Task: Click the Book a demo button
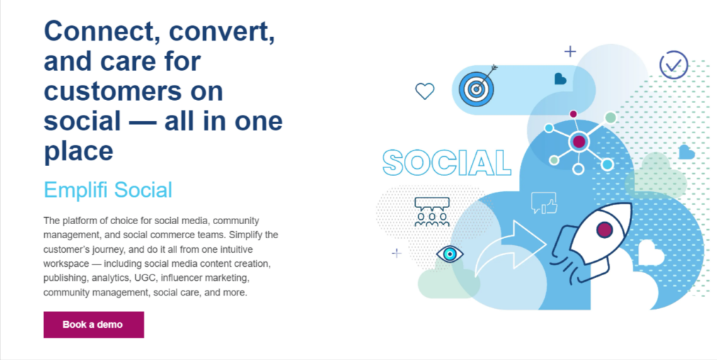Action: click(93, 325)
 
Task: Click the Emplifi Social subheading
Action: click(108, 190)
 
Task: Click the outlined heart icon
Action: click(425, 90)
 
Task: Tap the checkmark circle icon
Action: click(674, 66)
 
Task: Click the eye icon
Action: click(450, 254)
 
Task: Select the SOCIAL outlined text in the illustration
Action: click(447, 162)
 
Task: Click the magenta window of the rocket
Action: click(604, 230)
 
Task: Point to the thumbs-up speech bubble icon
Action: click(543, 203)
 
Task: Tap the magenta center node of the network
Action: click(578, 142)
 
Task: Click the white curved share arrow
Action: click(510, 248)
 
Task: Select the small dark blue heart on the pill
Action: click(560, 79)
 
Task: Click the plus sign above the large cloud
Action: click(570, 50)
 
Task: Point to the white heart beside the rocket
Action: click(649, 253)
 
